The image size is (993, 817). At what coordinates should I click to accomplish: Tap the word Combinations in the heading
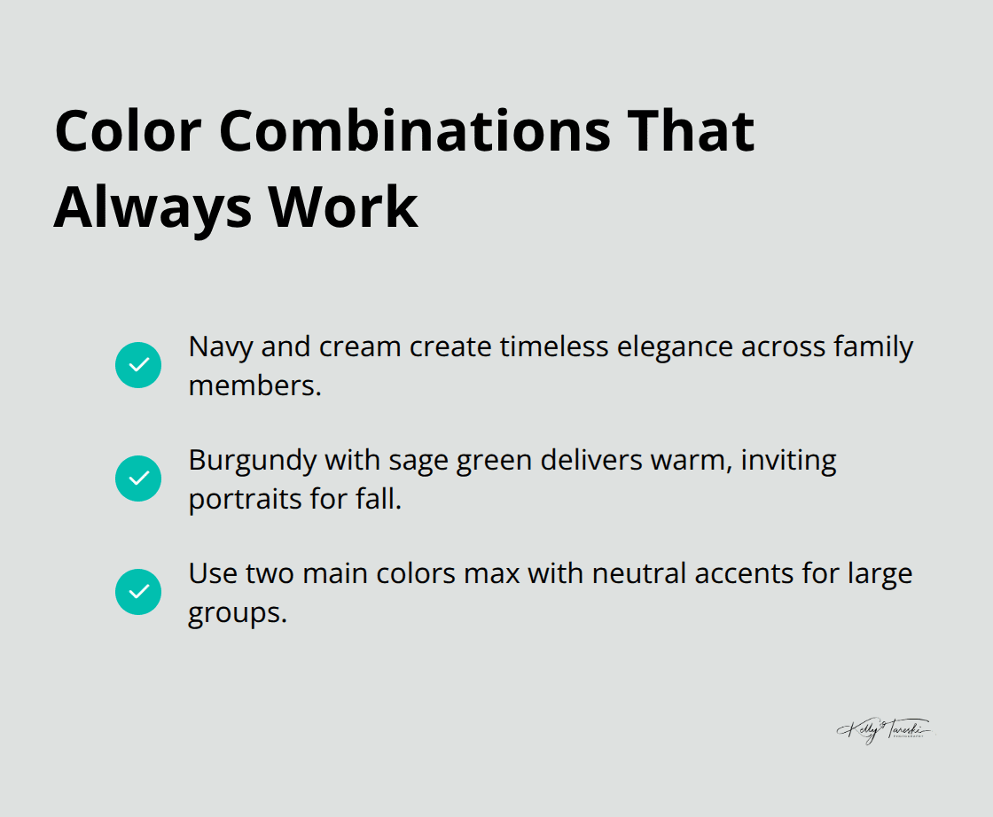[x=415, y=130]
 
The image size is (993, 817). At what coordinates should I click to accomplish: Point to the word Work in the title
[x=343, y=207]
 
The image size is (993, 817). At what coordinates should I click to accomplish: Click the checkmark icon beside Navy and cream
[x=138, y=365]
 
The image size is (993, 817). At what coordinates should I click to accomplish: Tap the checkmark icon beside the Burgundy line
[x=138, y=479]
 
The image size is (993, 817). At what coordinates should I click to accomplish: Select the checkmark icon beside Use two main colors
[x=138, y=592]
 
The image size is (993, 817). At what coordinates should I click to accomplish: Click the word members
[x=254, y=385]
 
